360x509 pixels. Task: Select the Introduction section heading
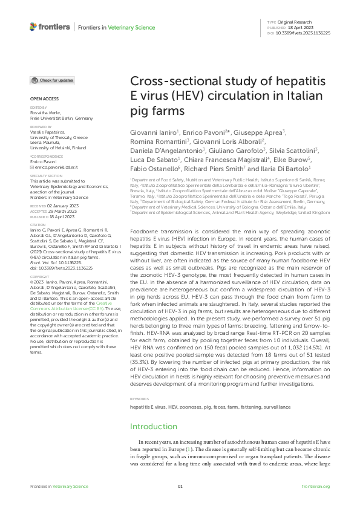point(154,426)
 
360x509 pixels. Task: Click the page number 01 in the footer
point(180,486)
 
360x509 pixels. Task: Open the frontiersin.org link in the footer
point(315,486)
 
